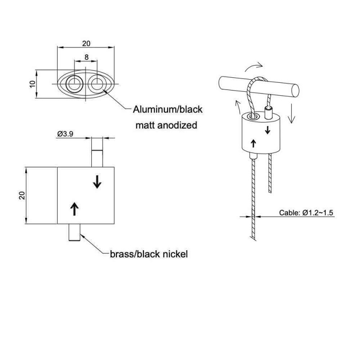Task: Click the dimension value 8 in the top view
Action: pos(86,58)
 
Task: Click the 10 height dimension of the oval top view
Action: pos(32,84)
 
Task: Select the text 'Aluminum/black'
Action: pos(168,109)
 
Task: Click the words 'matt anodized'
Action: pos(166,125)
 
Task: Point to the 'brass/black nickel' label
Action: pos(148,254)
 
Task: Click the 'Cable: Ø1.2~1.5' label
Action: pos(306,213)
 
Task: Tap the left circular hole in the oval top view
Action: pos(74,84)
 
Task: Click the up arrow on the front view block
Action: pos(74,208)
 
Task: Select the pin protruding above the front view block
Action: pos(97,152)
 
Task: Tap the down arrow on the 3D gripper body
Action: pos(268,130)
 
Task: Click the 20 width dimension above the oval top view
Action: pos(86,43)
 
